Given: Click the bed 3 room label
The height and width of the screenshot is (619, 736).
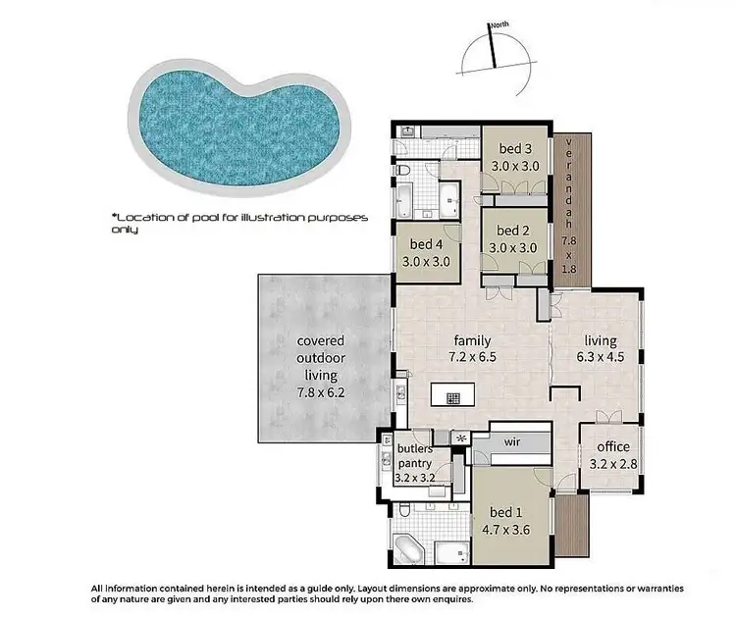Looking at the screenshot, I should point(515,149).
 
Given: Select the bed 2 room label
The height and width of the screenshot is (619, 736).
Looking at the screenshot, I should point(515,232).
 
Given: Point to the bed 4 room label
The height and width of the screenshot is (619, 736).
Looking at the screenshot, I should point(425,245).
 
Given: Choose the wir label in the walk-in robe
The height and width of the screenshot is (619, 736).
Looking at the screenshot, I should point(512,442).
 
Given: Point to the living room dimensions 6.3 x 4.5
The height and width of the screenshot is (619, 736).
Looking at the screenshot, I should point(600,357).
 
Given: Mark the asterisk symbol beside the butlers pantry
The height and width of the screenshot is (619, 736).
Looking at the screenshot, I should point(459,438).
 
